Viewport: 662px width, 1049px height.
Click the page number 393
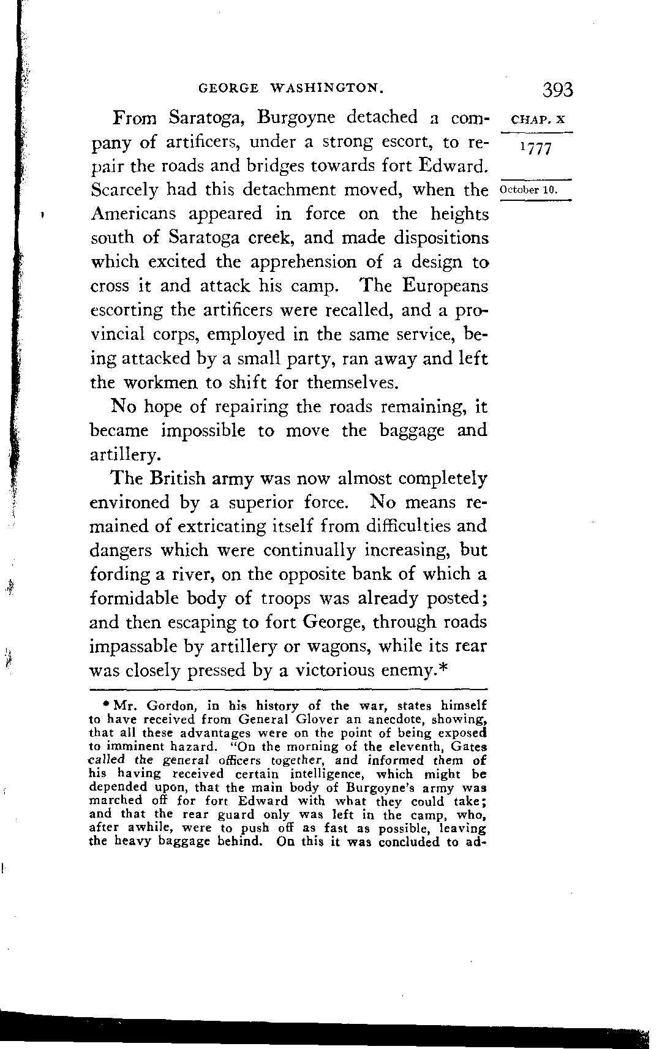click(x=557, y=90)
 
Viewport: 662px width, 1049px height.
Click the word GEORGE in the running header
click(x=229, y=88)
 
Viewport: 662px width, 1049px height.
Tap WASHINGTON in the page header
click(x=327, y=88)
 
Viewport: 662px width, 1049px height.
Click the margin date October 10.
click(x=528, y=189)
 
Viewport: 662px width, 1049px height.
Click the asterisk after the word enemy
click(x=445, y=668)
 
